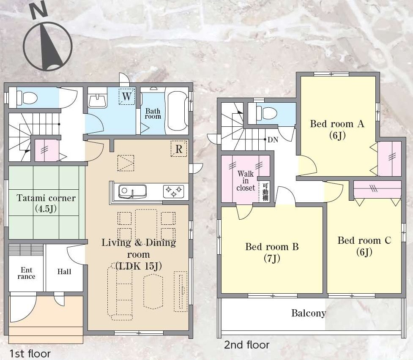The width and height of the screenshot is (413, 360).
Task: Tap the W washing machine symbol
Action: (127, 96)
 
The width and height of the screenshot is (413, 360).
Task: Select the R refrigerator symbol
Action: (179, 149)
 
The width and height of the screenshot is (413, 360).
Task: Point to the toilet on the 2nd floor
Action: (267, 113)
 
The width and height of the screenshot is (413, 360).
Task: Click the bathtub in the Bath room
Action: (178, 111)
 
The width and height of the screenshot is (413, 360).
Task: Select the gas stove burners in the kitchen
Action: (173, 191)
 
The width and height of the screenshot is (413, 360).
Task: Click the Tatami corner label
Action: (46, 203)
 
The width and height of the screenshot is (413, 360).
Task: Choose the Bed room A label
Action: (337, 129)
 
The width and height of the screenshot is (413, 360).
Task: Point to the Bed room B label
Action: (272, 252)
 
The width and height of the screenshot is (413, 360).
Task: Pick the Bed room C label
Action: (364, 246)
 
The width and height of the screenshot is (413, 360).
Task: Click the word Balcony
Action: (309, 313)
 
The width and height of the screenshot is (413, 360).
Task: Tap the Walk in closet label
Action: (246, 181)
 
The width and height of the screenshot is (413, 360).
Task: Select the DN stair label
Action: (273, 139)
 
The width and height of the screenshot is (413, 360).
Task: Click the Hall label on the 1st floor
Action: (64, 272)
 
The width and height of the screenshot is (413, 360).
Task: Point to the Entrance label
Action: (26, 273)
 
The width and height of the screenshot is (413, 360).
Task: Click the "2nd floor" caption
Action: (247, 345)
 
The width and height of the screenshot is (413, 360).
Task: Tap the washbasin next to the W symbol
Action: (98, 101)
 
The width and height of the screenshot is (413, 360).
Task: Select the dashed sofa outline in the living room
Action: (120, 292)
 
